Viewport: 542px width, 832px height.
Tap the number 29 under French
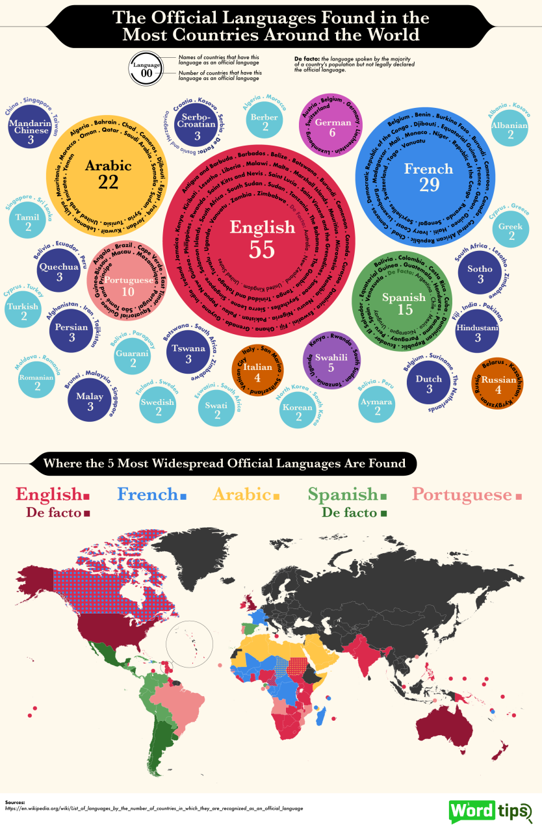pos(429,185)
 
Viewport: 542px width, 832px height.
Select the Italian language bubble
pos(258,371)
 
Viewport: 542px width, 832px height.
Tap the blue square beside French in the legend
pos(184,497)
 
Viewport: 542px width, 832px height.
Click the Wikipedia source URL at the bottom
pos(153,809)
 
